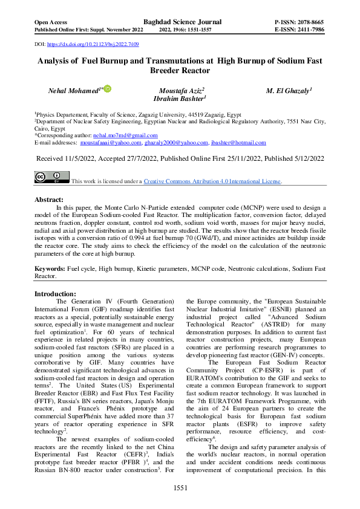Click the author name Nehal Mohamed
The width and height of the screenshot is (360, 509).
[73, 90]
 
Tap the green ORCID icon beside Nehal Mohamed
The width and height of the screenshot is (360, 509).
[107, 89]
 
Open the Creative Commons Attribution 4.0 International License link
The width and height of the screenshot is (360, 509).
[212, 181]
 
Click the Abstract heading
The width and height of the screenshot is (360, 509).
[49, 199]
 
